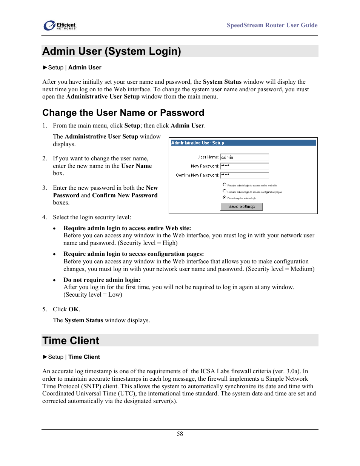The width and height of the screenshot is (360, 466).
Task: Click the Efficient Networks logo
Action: [x=60, y=26]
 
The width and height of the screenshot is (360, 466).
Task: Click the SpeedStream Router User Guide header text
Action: [x=272, y=25]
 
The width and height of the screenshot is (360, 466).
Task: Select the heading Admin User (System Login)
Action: [x=112, y=51]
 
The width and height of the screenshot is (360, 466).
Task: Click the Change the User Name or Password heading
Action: [x=123, y=113]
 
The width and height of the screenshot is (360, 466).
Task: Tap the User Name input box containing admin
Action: [x=244, y=157]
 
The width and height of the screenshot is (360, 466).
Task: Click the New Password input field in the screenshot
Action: [x=244, y=166]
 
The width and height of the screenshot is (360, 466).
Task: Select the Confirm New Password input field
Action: [x=244, y=175]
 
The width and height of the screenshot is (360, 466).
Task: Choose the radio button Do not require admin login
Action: [x=225, y=197]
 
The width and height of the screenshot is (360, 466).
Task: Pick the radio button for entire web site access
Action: [x=225, y=185]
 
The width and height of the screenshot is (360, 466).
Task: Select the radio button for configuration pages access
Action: [x=225, y=191]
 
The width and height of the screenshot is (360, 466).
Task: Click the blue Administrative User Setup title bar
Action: [x=243, y=143]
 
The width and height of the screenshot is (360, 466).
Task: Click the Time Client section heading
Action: [x=71, y=341]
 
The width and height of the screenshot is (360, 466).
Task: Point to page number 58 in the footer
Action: [x=180, y=434]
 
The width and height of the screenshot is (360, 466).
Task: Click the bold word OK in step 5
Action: [x=74, y=309]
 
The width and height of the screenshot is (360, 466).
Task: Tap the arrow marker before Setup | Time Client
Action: [x=45, y=357]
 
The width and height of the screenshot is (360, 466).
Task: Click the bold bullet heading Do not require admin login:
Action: [x=102, y=280]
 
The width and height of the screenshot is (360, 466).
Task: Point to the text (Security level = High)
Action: [x=148, y=243]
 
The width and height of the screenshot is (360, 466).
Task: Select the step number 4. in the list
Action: [x=45, y=217]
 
